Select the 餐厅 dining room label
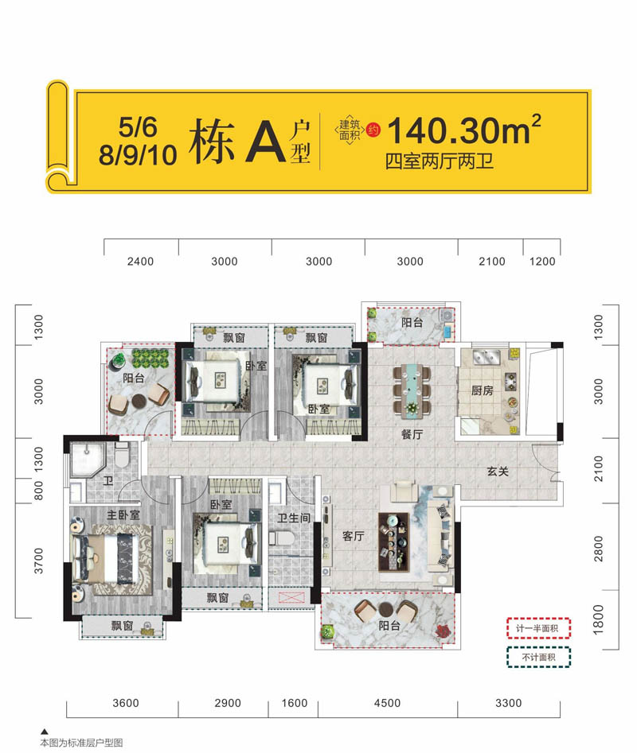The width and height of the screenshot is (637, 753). [x=411, y=435]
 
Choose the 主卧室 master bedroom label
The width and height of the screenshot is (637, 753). [x=123, y=514]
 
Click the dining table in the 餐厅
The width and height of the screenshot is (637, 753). [x=412, y=386]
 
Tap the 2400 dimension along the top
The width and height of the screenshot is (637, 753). [x=141, y=262]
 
